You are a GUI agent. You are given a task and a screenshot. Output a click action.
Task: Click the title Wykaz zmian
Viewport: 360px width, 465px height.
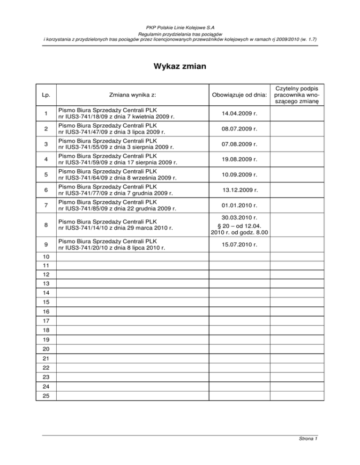click(180, 67)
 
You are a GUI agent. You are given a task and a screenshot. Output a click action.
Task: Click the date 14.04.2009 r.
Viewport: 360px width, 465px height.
click(239, 113)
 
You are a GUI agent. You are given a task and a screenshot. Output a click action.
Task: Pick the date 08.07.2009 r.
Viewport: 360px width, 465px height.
click(239, 128)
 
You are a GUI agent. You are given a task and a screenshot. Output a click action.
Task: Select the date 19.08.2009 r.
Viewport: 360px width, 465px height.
click(239, 159)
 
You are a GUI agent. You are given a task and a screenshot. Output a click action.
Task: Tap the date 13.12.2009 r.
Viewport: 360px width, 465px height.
click(239, 191)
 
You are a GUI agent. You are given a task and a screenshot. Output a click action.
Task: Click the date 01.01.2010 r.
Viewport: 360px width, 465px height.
click(239, 205)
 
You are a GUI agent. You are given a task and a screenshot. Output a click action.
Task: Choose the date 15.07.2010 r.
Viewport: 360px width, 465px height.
click(239, 244)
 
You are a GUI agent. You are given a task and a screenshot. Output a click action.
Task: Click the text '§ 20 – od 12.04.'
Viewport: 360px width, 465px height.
click(239, 226)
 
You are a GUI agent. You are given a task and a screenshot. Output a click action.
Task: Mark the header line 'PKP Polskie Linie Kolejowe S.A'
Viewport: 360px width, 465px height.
click(180, 28)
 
